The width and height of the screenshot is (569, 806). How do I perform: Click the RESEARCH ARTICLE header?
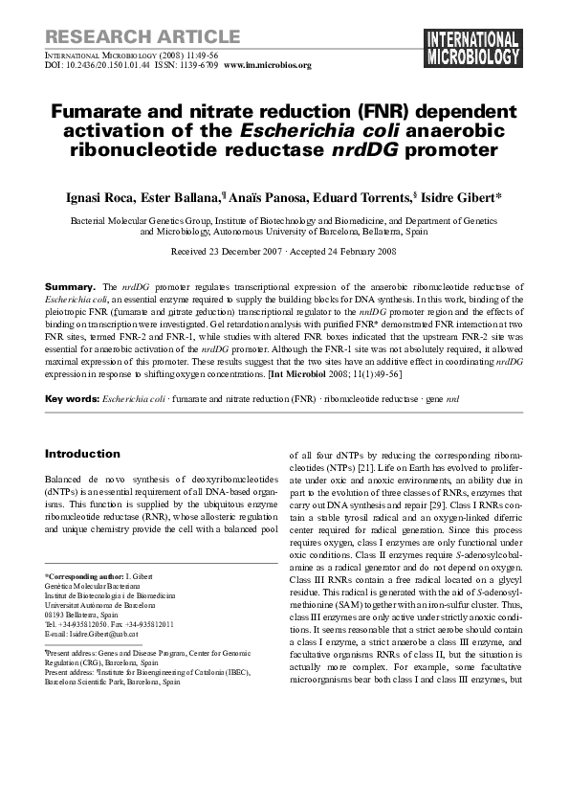click(142, 37)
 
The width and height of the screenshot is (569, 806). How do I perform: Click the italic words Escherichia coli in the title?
click(330, 131)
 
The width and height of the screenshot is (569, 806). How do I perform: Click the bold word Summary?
click(71, 287)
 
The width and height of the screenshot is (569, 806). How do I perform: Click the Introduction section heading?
click(82, 454)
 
